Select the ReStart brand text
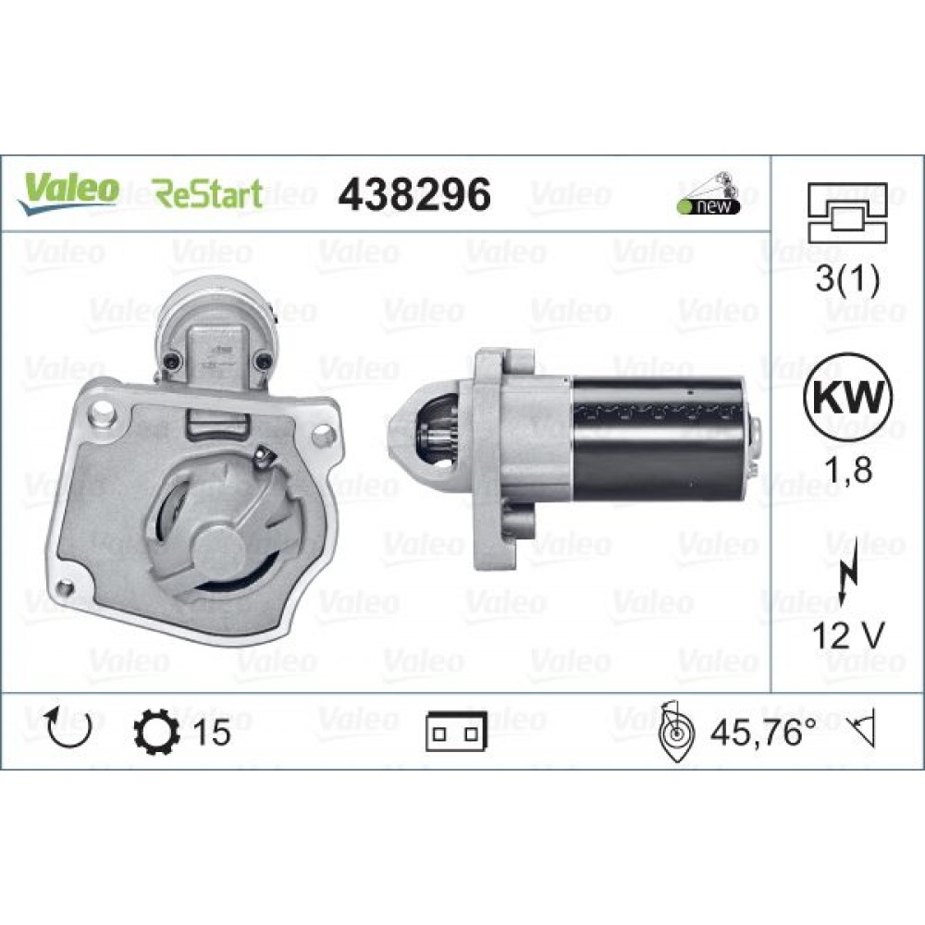click(207, 194)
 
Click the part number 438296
click(413, 194)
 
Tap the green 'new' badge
click(710, 205)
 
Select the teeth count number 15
click(212, 732)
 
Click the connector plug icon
click(456, 733)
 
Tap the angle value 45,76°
click(762, 732)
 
